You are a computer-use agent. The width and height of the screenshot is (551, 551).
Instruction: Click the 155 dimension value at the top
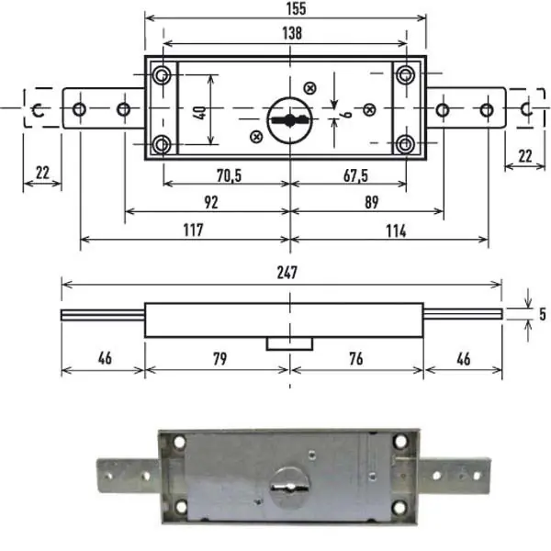tap(297, 9)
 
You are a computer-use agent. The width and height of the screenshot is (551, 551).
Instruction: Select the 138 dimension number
tap(292, 33)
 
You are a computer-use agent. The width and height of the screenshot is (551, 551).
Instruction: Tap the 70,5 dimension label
tap(229, 175)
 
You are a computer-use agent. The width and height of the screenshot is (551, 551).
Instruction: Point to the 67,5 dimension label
tap(355, 175)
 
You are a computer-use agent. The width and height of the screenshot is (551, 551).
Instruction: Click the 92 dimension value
tap(211, 202)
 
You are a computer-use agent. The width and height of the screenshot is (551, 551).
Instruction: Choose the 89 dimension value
tap(371, 202)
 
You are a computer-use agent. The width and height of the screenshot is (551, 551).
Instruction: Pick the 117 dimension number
tap(193, 231)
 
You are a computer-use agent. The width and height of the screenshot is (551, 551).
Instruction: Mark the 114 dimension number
tap(396, 231)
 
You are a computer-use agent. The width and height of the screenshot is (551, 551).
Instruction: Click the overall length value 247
tap(287, 273)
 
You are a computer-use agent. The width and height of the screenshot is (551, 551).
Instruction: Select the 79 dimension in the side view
tap(220, 359)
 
